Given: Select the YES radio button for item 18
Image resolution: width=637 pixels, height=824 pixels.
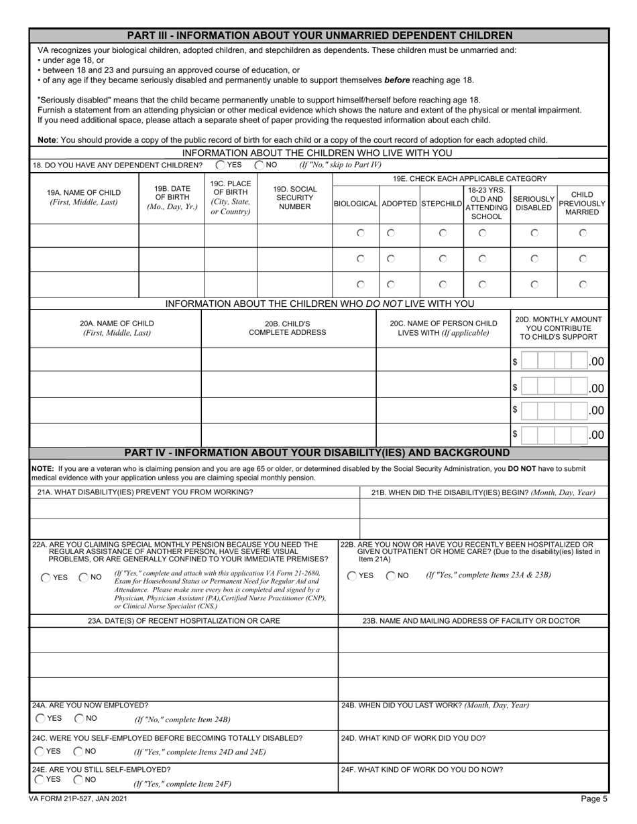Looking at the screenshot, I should [221, 165].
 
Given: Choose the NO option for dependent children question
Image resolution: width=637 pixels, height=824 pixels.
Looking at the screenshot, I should [259, 165].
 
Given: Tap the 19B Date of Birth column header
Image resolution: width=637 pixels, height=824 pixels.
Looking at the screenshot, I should [172, 198].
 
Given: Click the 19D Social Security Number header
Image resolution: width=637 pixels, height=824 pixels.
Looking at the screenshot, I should [295, 198].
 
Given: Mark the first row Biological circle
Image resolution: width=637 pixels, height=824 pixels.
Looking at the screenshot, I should [361, 233].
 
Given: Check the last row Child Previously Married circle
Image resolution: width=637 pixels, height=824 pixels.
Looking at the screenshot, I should [583, 284].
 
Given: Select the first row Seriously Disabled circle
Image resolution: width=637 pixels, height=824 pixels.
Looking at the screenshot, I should [534, 233].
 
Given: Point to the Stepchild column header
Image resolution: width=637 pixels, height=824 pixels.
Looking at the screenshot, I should [442, 203].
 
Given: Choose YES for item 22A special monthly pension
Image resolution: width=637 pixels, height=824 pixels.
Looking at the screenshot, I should [46, 577].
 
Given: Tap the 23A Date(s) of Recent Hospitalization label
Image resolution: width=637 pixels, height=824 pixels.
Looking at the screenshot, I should [184, 621].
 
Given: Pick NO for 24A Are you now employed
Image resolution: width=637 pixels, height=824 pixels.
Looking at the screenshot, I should [79, 718].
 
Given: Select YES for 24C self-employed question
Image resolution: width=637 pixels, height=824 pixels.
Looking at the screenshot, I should [40, 751].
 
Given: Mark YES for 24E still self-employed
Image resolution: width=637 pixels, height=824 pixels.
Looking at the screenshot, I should [40, 779].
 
